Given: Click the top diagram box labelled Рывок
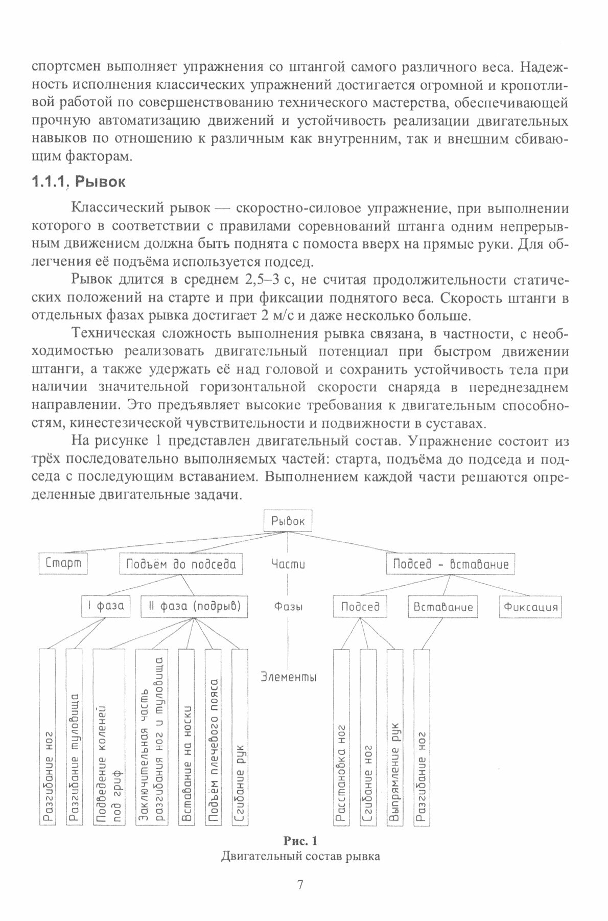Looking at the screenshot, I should pos(288,521).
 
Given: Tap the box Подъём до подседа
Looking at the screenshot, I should pos(180,564).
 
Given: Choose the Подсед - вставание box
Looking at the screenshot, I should pos(450,564).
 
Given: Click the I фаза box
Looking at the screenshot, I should pos(106,607).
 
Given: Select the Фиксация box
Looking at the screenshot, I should pos(530,607).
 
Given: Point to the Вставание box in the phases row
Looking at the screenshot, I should pos(443,607).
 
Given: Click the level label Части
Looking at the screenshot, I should pos(288,564).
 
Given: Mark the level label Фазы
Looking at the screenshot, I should pos(288,607).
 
